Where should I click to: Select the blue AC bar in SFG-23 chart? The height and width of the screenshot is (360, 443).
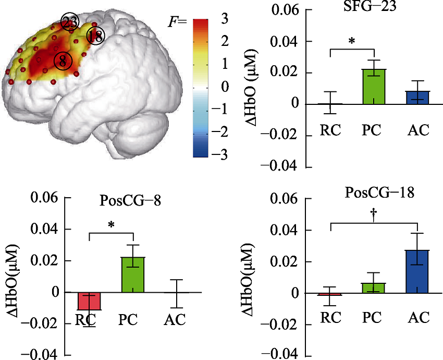click(418, 98)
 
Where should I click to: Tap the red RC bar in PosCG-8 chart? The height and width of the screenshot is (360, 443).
click(90, 301)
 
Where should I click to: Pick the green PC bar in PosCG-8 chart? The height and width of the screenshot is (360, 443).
click(134, 275)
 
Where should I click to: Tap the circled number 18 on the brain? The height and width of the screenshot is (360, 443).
click(95, 37)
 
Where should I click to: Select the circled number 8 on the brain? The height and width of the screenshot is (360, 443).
click(63, 61)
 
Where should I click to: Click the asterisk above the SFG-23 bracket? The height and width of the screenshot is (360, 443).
click(352, 40)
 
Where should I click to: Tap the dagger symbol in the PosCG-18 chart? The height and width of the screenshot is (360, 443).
click(373, 215)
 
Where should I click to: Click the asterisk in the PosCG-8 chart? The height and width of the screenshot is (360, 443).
click(112, 225)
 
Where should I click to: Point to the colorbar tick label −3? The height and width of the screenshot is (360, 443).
click(226, 155)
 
